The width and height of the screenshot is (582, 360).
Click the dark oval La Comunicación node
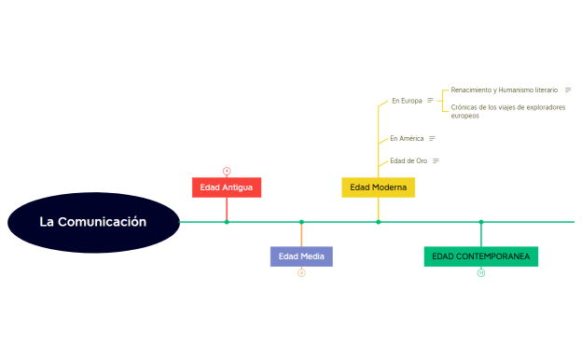[93, 222]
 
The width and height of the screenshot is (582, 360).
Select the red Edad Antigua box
[227, 187]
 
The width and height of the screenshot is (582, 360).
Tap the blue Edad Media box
[301, 256]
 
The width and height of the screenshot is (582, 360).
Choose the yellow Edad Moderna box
[378, 187]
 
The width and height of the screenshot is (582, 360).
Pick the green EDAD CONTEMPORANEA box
[480, 256]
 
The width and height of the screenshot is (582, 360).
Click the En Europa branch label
[407, 101]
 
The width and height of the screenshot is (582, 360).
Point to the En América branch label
[407, 138]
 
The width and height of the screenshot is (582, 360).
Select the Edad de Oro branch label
[409, 160]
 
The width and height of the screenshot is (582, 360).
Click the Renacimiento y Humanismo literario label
[504, 90]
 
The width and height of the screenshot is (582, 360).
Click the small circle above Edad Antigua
[227, 171]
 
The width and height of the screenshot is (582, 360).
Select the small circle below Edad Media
[301, 273]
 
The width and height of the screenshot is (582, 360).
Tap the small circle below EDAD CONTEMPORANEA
[481, 273]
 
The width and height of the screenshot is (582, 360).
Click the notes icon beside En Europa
[430, 101]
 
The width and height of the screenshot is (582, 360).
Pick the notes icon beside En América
[432, 138]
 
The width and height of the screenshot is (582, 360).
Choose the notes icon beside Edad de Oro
[436, 160]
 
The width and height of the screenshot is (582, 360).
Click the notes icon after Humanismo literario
[568, 90]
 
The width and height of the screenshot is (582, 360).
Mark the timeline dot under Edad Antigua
[227, 222]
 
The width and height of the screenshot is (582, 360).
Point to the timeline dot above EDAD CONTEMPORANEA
[481, 222]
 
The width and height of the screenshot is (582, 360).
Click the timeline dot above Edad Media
[301, 222]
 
